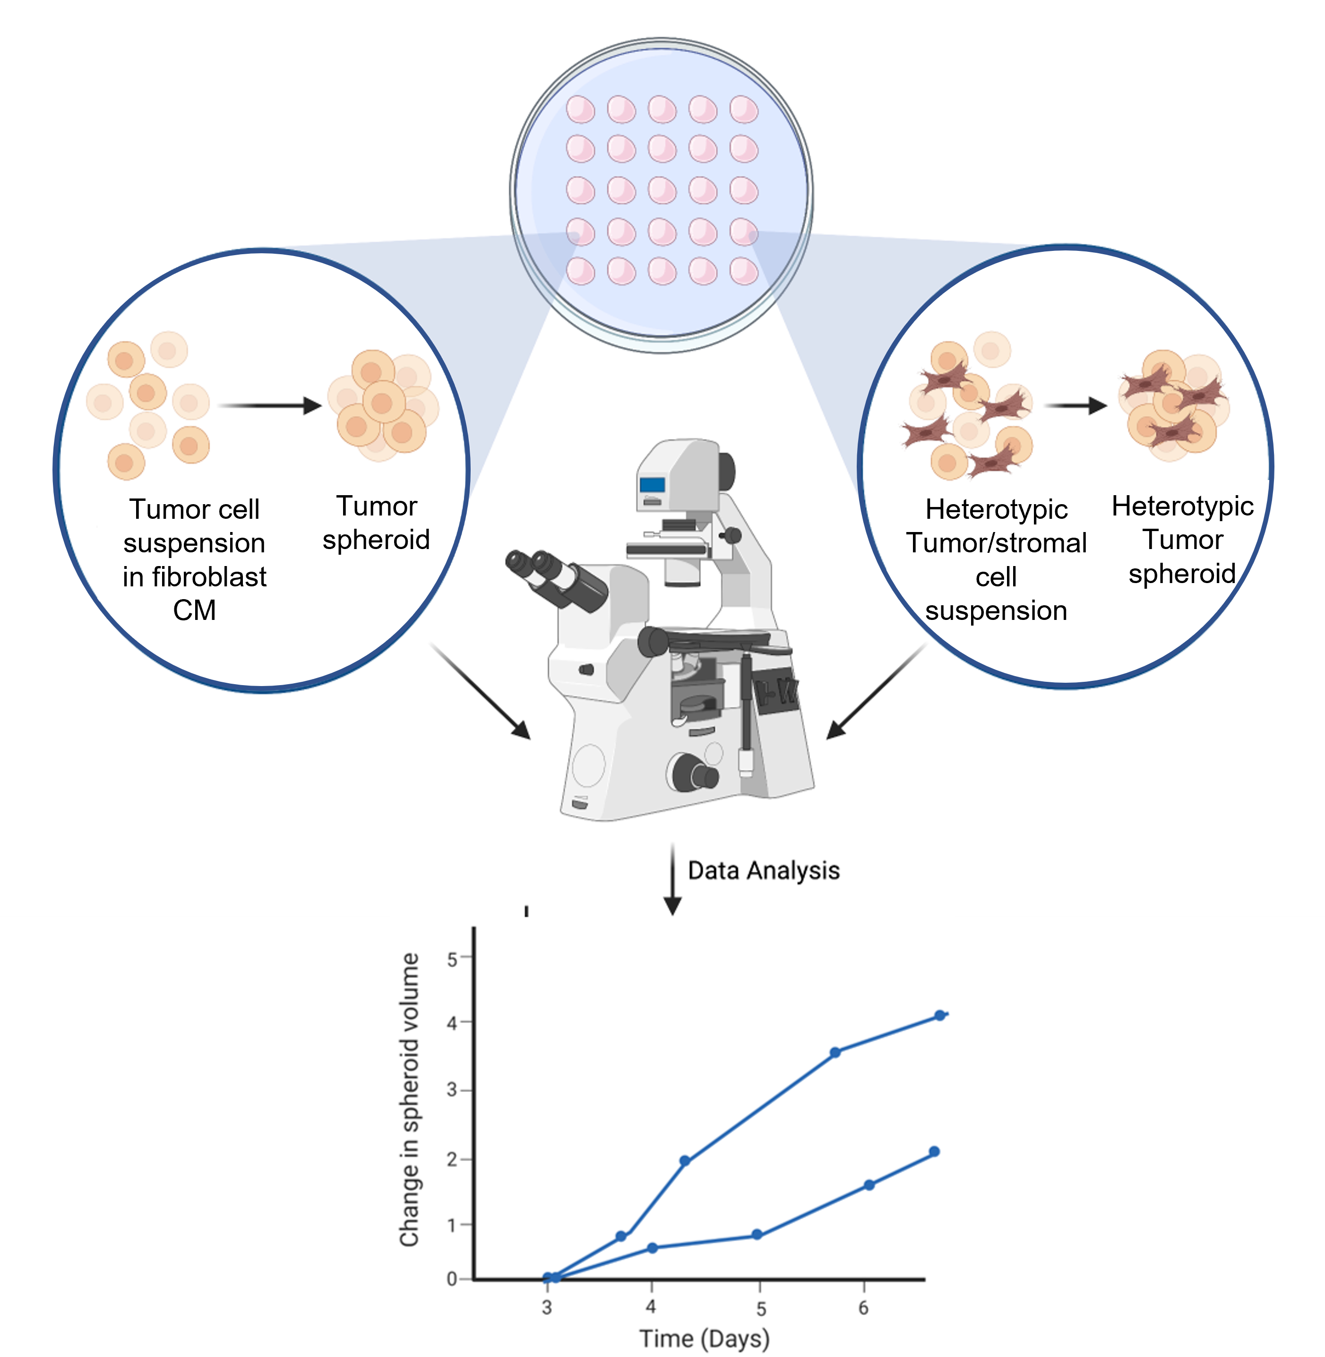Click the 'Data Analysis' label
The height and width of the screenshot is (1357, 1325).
764,870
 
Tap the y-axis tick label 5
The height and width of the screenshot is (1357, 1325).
452,959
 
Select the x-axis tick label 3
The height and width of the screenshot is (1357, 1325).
547,1307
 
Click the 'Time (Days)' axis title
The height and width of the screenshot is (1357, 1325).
704,1338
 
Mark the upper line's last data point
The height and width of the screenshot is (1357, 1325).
939,1015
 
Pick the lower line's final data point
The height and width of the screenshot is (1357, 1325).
934,1152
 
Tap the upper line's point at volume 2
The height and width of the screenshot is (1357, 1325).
685,1161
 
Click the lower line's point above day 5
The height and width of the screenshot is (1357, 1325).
757,1235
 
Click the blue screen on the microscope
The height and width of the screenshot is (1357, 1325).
652,484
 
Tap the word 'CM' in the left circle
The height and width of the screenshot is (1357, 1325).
194,610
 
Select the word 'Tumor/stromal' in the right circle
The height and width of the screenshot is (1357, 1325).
996,543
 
